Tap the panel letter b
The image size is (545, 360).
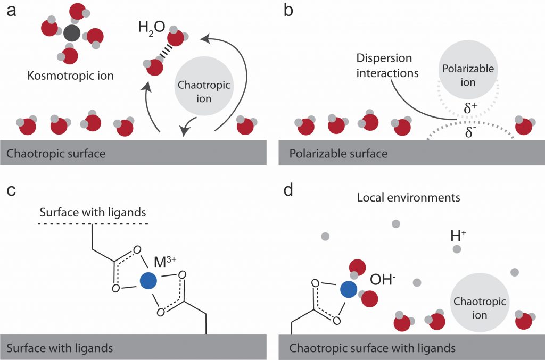click(x=289, y=10)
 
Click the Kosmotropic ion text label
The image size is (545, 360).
click(x=70, y=76)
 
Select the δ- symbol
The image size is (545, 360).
click(x=470, y=132)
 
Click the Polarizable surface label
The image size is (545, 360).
click(x=338, y=154)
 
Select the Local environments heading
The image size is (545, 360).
click(x=408, y=198)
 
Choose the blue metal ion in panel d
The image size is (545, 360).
click(x=348, y=289)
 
